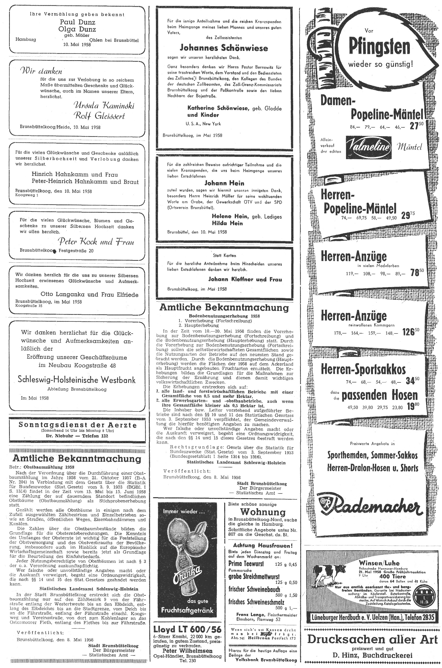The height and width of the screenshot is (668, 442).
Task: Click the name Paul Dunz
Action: [x=77, y=22]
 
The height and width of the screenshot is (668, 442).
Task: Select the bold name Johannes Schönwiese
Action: [x=224, y=48]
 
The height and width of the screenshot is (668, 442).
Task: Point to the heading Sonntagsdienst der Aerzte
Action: [x=77, y=425]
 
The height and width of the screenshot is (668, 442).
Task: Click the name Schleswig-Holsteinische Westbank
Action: [x=77, y=380]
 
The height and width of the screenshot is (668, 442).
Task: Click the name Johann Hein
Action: [x=224, y=183]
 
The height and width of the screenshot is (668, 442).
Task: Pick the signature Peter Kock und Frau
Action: [x=96, y=242]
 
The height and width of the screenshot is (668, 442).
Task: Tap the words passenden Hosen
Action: [x=379, y=395]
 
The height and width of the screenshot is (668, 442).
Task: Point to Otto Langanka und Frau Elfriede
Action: [x=89, y=295]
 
